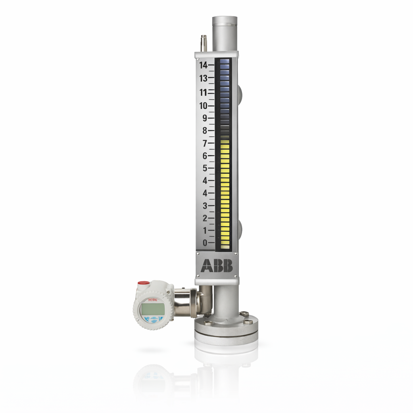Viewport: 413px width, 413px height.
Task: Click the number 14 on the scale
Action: (x=203, y=65)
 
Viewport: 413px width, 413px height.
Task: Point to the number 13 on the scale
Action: (x=203, y=78)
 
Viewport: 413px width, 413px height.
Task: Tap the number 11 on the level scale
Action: (x=203, y=92)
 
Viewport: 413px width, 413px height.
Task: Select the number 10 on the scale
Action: (x=203, y=106)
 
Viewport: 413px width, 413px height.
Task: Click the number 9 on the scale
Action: (x=204, y=118)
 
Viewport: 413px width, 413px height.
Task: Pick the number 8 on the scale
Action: (x=204, y=131)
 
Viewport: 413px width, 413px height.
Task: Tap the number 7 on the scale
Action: (x=204, y=143)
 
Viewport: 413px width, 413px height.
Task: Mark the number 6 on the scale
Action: (x=204, y=156)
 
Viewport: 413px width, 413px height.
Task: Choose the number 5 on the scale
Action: (x=204, y=168)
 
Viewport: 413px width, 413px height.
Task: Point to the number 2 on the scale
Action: (x=204, y=218)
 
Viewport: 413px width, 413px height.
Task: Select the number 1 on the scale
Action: (x=204, y=231)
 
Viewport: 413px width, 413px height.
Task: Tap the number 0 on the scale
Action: (x=204, y=243)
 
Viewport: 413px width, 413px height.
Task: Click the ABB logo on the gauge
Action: (x=217, y=265)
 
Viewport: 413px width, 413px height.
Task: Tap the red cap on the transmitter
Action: (x=143, y=284)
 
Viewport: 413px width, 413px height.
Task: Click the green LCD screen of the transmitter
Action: (x=152, y=309)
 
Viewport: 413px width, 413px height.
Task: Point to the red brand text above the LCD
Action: (x=152, y=299)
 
